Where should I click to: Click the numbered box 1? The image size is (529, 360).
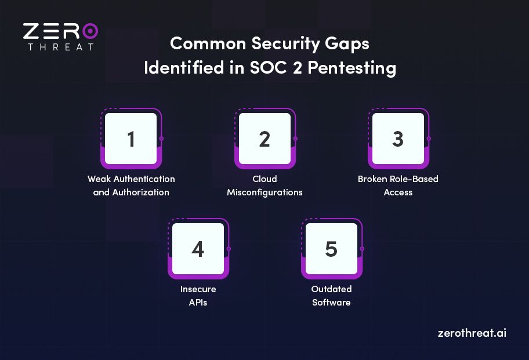click(x=131, y=139)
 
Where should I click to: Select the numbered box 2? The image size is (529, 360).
click(x=264, y=139)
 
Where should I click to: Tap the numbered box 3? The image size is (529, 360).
click(x=398, y=139)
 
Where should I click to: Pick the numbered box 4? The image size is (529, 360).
click(x=198, y=249)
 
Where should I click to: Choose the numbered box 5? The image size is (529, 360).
click(x=331, y=249)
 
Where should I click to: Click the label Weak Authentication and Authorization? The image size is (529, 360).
click(x=131, y=186)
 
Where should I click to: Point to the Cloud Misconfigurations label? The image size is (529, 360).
click(x=264, y=186)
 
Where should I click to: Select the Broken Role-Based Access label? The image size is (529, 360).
click(x=398, y=186)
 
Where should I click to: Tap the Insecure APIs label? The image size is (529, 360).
click(x=198, y=296)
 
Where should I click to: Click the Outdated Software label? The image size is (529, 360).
click(x=331, y=296)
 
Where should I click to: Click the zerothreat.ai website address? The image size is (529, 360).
click(x=472, y=333)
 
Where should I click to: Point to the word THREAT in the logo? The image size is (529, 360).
click(x=60, y=47)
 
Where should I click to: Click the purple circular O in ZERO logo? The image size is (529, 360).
click(x=89, y=31)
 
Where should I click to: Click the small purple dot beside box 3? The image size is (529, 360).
click(x=429, y=139)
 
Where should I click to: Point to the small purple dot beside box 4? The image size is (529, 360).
click(x=229, y=249)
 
